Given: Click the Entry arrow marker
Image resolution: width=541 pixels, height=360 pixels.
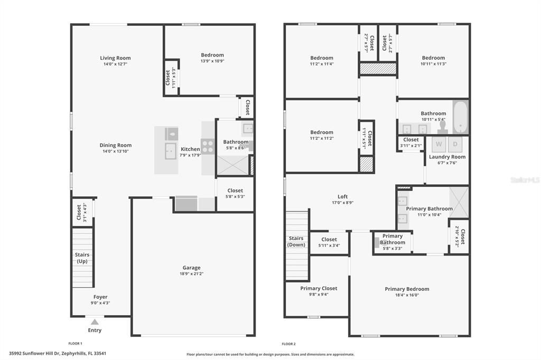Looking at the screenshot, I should [x=95, y=321].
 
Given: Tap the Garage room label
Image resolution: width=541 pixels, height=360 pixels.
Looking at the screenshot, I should [x=191, y=268].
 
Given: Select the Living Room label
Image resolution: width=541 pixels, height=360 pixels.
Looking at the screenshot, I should [x=115, y=58].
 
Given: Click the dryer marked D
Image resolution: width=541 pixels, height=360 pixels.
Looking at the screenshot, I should [x=455, y=144].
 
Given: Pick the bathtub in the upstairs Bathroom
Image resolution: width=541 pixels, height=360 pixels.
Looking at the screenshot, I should [x=460, y=117].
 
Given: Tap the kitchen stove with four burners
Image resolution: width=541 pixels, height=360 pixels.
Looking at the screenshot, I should [x=208, y=146].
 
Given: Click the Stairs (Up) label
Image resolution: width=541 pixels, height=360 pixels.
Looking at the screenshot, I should [x=82, y=258].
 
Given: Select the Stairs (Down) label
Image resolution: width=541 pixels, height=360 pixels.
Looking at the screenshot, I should [x=296, y=241].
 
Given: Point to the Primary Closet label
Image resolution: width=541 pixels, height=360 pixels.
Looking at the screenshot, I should [x=319, y=288].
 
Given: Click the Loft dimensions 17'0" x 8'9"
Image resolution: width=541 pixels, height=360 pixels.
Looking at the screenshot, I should [x=342, y=203].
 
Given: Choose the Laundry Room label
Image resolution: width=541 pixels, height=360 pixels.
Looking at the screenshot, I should [x=447, y=157].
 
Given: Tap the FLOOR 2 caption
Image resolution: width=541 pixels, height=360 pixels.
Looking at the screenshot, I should [x=288, y=344].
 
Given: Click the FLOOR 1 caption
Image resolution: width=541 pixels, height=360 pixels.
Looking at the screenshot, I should [x=75, y=344].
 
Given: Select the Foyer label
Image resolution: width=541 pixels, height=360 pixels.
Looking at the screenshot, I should [x=100, y=297].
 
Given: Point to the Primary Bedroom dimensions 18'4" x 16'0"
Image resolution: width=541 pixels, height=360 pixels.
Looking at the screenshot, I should [x=407, y=295].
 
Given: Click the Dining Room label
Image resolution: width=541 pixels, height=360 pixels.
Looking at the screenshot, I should [x=116, y=145].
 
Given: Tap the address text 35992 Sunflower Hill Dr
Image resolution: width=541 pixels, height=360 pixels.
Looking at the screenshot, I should [x=35, y=354].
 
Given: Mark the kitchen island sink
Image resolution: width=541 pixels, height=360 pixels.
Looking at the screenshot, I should [x=170, y=151].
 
